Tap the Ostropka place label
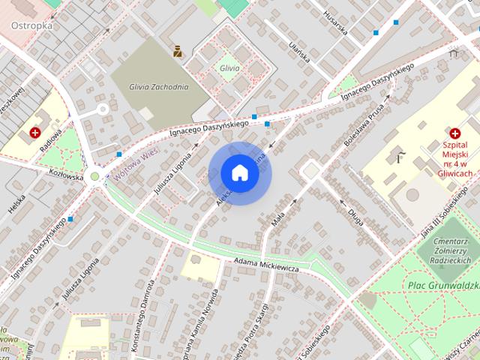[31, 25]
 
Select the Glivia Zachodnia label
[158, 86]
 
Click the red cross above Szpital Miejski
[455, 133]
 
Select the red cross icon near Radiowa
[35, 133]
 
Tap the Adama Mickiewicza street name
[266, 265]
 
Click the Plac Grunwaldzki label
[444, 285]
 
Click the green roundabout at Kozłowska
[94, 177]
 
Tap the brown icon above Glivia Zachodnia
[178, 52]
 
